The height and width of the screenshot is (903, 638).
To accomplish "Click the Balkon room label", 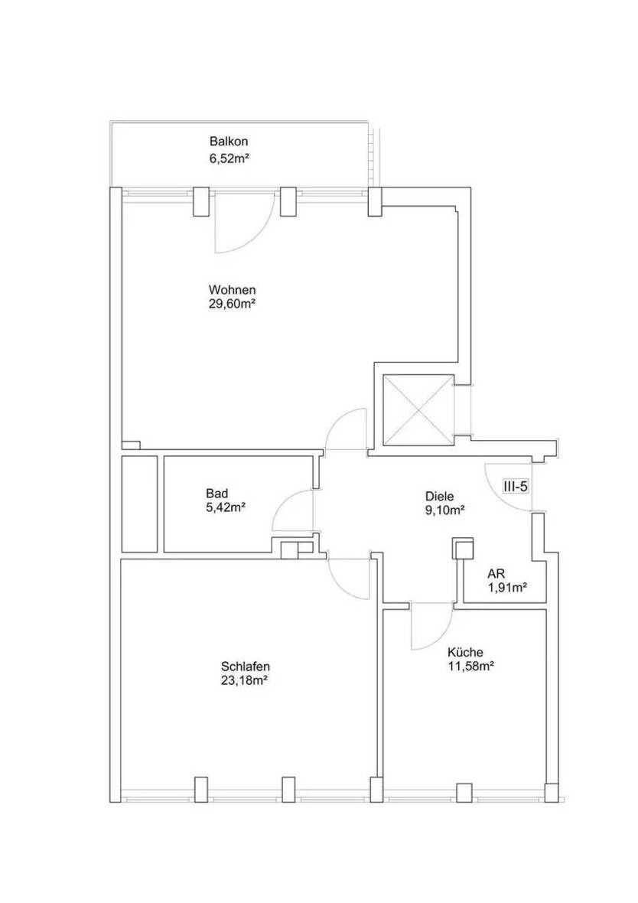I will coord(229,142).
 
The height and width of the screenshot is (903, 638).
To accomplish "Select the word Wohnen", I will coord(232,290).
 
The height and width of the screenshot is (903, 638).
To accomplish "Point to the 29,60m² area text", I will coord(232,304).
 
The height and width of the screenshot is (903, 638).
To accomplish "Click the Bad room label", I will coord(217,493).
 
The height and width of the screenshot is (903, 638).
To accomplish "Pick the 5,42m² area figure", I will coord(225,507).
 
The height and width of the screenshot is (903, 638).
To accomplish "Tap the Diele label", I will coord(440,495).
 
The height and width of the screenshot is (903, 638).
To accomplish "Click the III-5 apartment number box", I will coord(515,486).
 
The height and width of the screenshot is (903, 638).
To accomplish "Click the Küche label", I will coord(465,653).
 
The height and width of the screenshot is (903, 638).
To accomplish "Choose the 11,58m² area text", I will coord(470,666).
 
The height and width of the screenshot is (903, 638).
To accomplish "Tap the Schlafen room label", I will coord(244,665).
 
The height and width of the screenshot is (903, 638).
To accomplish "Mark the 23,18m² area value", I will coord(244,679).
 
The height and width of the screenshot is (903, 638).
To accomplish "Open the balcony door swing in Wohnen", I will coord(241,226).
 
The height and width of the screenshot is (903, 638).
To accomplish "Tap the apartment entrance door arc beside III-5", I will coord(505,490).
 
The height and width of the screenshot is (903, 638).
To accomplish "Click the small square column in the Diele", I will coord(463,547).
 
